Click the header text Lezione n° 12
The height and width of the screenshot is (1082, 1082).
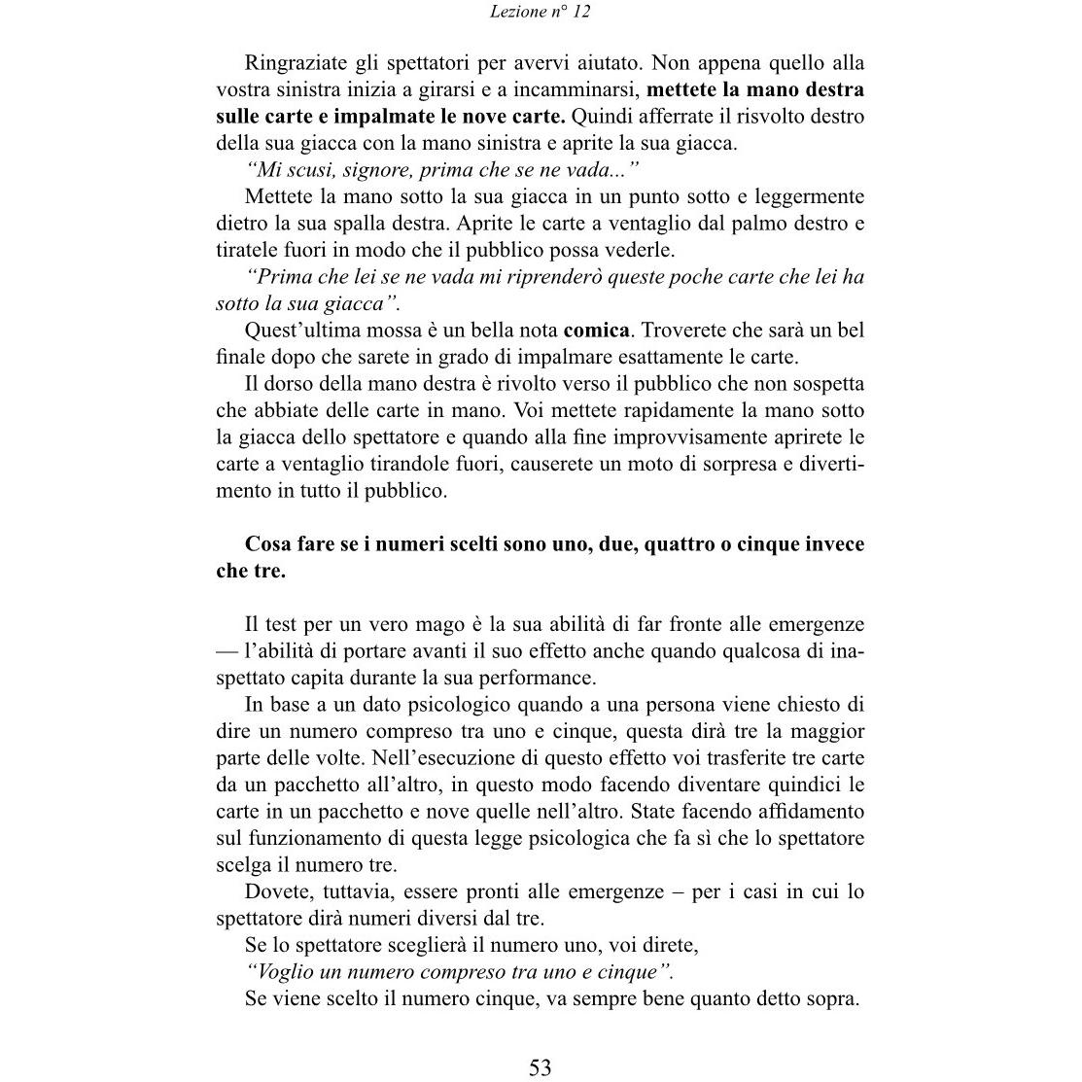click(x=541, y=12)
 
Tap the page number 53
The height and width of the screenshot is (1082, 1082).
click(x=541, y=1067)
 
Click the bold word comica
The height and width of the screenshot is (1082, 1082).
click(x=596, y=331)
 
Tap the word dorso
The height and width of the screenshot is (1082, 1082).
click(x=298, y=384)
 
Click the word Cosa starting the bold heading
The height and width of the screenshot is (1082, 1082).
click(x=266, y=544)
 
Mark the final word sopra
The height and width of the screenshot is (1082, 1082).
click(x=832, y=998)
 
